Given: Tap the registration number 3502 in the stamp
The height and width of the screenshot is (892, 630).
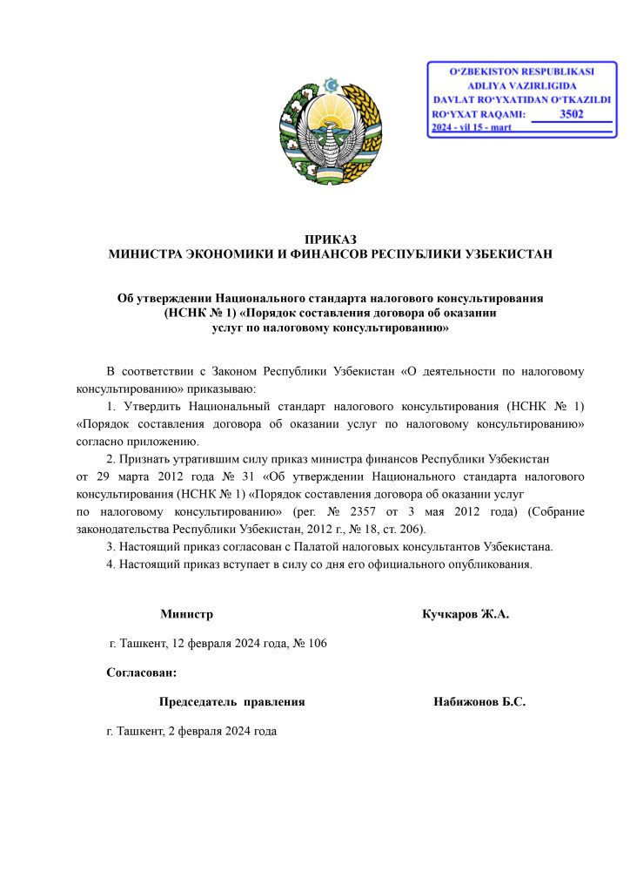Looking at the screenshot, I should [x=571, y=113].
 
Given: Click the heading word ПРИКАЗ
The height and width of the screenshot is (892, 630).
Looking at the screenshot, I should [x=331, y=240].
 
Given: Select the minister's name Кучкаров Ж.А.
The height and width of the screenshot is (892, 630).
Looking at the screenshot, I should [x=465, y=614].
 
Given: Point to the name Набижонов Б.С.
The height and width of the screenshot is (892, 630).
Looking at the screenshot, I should [x=479, y=701].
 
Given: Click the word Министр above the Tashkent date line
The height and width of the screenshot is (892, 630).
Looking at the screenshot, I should [x=186, y=614].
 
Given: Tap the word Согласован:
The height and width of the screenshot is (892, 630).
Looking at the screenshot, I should [x=142, y=672].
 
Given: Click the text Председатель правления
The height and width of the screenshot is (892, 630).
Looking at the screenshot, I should [x=231, y=701].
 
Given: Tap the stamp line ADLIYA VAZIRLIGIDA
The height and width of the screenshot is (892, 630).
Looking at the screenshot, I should [x=520, y=86].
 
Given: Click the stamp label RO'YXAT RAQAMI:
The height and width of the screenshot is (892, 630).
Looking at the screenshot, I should [x=479, y=114].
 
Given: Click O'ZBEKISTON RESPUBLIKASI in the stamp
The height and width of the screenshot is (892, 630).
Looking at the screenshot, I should [x=520, y=70].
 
